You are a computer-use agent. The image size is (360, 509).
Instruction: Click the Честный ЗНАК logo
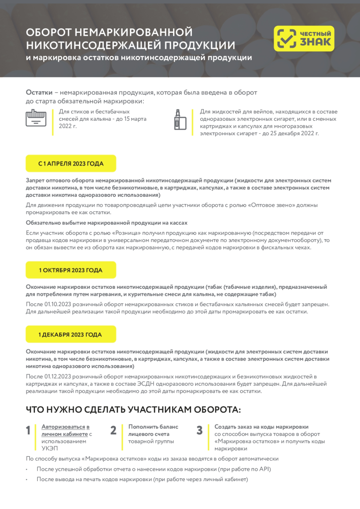(304, 39)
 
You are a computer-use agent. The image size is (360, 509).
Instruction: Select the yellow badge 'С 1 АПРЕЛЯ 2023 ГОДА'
(71, 163)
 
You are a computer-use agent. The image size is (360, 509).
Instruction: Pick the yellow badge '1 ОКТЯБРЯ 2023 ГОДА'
(71, 270)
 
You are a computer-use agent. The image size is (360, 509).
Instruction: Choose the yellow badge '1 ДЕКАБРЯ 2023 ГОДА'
(71, 335)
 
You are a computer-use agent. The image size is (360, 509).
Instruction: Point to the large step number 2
(113, 430)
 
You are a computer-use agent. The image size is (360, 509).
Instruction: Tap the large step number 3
(199, 430)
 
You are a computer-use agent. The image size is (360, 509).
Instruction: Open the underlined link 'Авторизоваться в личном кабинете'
(65, 430)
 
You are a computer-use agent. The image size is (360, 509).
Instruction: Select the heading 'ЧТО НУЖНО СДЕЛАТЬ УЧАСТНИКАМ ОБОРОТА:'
(133, 410)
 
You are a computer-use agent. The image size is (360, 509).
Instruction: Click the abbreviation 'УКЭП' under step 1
(50, 448)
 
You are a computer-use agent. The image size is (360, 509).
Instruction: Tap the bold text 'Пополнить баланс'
(153, 426)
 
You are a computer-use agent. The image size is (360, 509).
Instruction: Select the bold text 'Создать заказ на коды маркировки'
(262, 426)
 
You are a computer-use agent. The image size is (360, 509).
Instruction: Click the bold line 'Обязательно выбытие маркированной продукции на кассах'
(106, 222)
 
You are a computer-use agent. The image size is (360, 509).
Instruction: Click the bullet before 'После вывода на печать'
(27, 480)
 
